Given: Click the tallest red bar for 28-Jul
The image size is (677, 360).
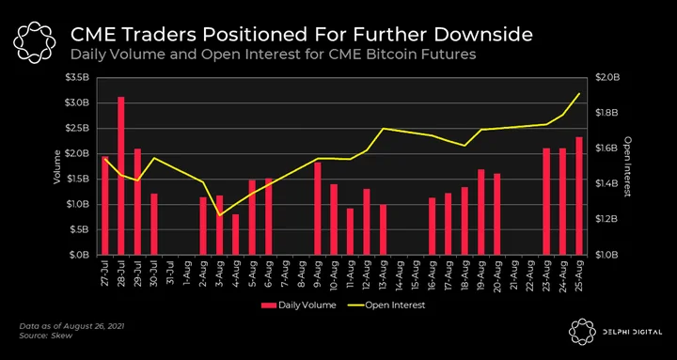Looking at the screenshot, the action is coord(121,176).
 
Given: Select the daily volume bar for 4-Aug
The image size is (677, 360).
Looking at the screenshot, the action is coord(235,235).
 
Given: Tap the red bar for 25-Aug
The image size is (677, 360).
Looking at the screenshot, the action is coord(579,196).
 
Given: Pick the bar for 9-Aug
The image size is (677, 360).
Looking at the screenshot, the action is coord(318,209).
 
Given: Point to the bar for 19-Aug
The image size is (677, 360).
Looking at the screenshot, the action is coord(481,211).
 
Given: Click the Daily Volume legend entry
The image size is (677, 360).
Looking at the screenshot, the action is coord(298,305).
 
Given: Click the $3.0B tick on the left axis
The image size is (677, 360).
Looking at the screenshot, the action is coord(79,102).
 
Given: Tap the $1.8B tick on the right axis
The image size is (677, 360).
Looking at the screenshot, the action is coord(608,113).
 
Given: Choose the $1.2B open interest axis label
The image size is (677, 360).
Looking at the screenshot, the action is coord(608,219).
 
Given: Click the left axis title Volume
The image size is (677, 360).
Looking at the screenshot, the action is coord(56,166).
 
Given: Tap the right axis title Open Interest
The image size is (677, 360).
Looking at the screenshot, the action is coord(628,166).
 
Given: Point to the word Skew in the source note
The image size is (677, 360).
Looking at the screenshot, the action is coord(64,336).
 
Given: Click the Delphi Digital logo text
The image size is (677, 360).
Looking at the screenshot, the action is coord(634,332).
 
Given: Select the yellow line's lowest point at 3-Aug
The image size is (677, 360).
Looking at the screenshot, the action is coord(219,215).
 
